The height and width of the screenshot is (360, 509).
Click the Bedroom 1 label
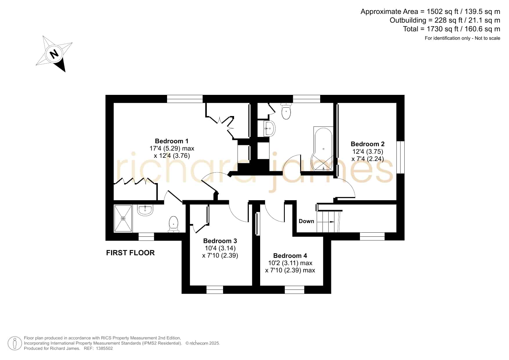(172, 141)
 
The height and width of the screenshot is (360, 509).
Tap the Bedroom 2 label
(367, 144)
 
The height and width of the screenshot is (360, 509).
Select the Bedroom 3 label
(220, 241)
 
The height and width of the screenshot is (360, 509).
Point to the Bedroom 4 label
(290, 256)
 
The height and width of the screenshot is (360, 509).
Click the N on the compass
(54, 54)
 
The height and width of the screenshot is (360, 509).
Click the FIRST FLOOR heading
(131, 253)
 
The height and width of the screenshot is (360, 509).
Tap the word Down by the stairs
(306, 221)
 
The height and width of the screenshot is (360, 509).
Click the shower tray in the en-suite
(123, 218)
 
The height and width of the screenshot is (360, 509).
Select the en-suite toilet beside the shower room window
(173, 224)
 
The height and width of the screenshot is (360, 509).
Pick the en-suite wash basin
(145, 210)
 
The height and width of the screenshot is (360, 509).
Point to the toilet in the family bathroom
(286, 111)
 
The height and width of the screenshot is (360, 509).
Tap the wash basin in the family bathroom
(269, 128)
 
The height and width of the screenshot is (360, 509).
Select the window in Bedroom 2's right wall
(400, 157)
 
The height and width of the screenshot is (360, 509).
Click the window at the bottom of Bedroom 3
(215, 290)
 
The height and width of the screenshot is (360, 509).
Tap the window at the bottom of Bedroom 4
(294, 290)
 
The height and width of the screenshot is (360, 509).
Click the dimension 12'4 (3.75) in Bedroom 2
(368, 151)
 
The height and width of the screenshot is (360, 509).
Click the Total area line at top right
(452, 29)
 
